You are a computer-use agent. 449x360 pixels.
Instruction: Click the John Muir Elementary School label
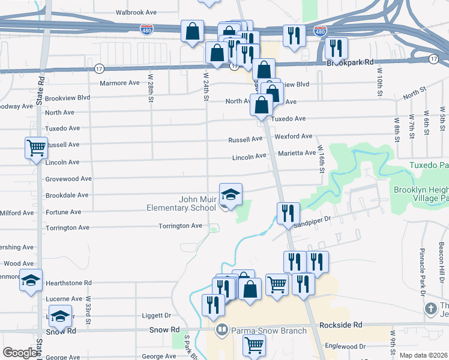pyautogui.click(x=181, y=203)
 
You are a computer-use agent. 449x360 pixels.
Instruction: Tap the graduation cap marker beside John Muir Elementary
pyautogui.click(x=231, y=194)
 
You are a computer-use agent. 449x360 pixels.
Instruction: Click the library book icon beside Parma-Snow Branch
pyautogui.click(x=222, y=330)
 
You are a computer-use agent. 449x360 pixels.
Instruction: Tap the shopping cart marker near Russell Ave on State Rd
pyautogui.click(x=36, y=148)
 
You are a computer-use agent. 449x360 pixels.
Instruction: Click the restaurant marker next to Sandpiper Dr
pyautogui.click(x=288, y=214)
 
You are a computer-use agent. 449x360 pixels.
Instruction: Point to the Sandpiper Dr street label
pyautogui.click(x=312, y=221)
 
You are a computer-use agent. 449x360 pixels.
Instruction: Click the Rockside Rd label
pyautogui.click(x=340, y=325)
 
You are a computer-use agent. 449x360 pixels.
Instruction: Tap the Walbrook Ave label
pyautogui.click(x=136, y=12)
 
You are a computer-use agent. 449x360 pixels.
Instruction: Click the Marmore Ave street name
pyautogui.click(x=119, y=83)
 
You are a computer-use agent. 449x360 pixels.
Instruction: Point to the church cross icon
pyautogui.click(x=430, y=309)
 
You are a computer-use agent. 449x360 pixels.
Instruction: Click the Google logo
pyautogui.click(x=20, y=353)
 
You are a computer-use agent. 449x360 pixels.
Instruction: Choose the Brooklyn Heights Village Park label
pyautogui.click(x=421, y=193)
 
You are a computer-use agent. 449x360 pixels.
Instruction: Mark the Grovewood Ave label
pyautogui.click(x=68, y=179)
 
